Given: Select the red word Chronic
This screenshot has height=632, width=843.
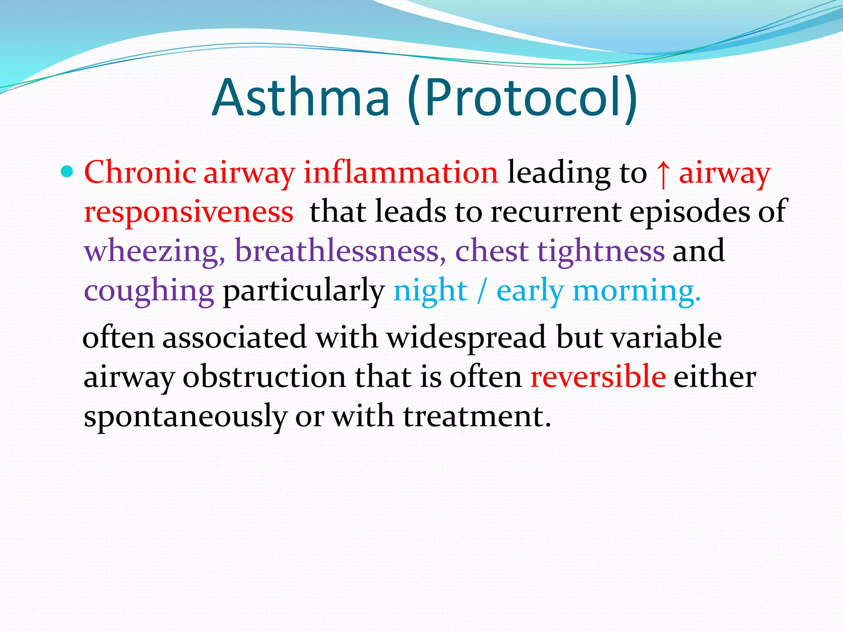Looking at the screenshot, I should point(140,172).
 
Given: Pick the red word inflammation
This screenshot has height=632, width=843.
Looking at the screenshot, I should point(401,172).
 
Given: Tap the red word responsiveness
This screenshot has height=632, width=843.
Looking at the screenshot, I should point(189,211).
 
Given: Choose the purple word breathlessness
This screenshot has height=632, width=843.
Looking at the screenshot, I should point(340,251).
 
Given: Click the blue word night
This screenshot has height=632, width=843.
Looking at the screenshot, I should point(430,290).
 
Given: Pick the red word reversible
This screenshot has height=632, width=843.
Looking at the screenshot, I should point(598,376).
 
